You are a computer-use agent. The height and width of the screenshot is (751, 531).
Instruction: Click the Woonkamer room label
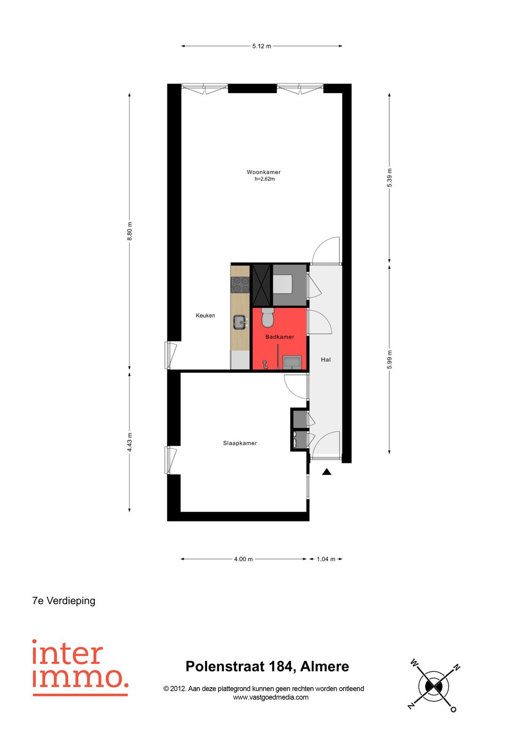point(263,172)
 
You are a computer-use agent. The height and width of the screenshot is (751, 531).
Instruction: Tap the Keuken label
point(205,315)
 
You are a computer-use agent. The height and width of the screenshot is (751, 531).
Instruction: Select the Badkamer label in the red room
point(279,337)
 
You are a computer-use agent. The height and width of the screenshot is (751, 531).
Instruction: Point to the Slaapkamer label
point(240,443)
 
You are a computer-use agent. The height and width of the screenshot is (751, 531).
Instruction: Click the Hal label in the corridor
point(325,360)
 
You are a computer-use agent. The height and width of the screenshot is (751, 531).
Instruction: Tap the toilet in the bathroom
point(268,317)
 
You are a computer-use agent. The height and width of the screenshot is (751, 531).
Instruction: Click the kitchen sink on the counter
point(240,322)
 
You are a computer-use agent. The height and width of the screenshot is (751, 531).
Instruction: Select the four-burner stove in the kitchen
point(240,285)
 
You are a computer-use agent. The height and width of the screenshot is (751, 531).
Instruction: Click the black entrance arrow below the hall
point(326,472)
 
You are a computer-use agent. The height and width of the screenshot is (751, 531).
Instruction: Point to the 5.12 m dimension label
point(262,46)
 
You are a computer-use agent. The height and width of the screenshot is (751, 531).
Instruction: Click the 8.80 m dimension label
point(130,231)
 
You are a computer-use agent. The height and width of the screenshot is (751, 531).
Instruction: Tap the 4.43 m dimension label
point(130,442)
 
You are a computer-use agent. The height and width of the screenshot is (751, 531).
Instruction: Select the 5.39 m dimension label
point(389,178)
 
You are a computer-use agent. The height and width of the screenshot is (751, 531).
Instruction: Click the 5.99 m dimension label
point(389,360)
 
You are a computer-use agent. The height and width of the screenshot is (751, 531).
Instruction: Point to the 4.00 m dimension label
point(243,559)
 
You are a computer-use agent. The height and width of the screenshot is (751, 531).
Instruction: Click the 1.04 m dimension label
point(326,559)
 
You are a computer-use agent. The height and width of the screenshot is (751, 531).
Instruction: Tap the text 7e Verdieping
point(64,600)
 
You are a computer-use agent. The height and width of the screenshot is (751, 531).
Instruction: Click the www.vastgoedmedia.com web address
point(271,697)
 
